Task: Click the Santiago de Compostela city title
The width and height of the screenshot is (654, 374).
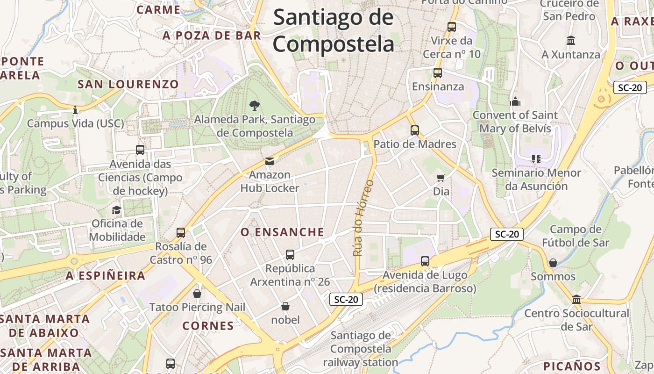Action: click(334, 31)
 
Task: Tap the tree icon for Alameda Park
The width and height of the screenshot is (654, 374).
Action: click(254, 105)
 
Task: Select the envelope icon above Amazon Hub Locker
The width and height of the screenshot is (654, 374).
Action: click(270, 161)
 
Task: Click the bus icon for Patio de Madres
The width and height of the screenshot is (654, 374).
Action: click(414, 130)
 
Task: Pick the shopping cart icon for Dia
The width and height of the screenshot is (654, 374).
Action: click(441, 178)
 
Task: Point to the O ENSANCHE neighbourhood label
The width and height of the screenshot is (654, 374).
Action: click(282, 232)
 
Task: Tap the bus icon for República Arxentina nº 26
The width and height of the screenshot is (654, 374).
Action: click(290, 255)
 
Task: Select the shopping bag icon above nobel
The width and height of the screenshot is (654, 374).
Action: click(285, 306)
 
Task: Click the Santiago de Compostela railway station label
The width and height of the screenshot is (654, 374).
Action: click(360, 349)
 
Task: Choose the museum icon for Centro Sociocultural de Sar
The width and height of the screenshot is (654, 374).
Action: click(576, 299)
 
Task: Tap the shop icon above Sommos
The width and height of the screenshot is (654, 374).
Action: click(553, 263)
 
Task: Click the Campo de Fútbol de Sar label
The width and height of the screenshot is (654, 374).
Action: click(576, 236)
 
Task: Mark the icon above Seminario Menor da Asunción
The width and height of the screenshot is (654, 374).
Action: click(536, 159)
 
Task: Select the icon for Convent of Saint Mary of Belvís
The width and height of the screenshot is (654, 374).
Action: click(515, 101)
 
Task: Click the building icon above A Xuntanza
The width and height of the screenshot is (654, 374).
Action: click(571, 41)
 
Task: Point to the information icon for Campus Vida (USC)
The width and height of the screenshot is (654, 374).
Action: click(75, 110)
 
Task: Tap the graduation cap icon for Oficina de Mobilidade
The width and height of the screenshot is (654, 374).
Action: click(117, 210)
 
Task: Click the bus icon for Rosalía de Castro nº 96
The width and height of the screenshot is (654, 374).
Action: click(181, 232)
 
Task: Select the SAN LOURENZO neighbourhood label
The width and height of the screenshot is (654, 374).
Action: click(128, 84)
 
